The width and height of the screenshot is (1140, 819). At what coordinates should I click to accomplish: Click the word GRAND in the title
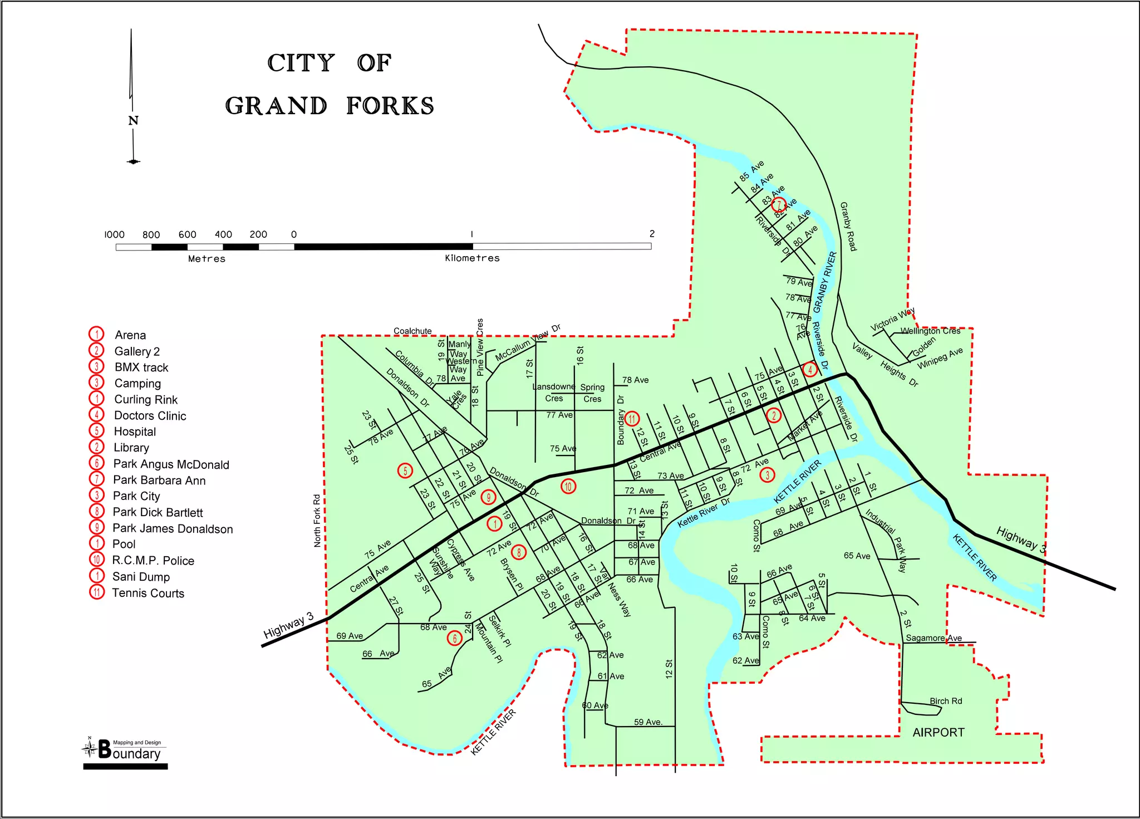[x=276, y=106]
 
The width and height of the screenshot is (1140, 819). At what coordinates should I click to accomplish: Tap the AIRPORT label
[x=938, y=733]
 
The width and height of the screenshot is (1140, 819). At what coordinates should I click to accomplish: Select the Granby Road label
[x=848, y=227]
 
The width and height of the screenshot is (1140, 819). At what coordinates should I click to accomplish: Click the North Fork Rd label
[x=317, y=521]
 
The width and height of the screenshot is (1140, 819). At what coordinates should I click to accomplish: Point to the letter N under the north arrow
[x=133, y=121]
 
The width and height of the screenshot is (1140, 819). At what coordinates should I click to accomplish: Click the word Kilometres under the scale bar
[x=472, y=258]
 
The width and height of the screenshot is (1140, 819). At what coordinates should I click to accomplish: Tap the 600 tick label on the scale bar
[x=187, y=234]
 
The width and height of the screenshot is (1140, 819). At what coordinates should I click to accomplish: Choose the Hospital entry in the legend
[x=135, y=431]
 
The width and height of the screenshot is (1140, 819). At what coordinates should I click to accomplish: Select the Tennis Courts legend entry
[x=148, y=593]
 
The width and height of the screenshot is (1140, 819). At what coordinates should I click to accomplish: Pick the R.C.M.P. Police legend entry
[x=153, y=561]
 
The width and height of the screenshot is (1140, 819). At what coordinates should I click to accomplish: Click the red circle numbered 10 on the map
[x=568, y=487]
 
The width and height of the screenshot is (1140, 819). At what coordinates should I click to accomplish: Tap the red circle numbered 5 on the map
[x=405, y=470]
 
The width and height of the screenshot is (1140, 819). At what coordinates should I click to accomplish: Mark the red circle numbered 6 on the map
[x=455, y=638]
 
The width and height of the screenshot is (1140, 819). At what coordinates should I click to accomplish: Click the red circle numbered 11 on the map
[x=632, y=418]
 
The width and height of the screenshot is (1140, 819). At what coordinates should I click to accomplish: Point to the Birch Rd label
[x=946, y=701]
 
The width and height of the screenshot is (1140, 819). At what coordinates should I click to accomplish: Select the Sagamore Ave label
[x=933, y=638]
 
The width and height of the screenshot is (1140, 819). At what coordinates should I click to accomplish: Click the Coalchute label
[x=412, y=331]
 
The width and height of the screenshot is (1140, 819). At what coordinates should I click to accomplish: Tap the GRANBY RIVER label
[x=825, y=282]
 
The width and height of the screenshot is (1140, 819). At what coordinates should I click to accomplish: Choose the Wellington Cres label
[x=930, y=331]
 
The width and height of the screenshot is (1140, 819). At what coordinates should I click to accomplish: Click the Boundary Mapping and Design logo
[x=126, y=752]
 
